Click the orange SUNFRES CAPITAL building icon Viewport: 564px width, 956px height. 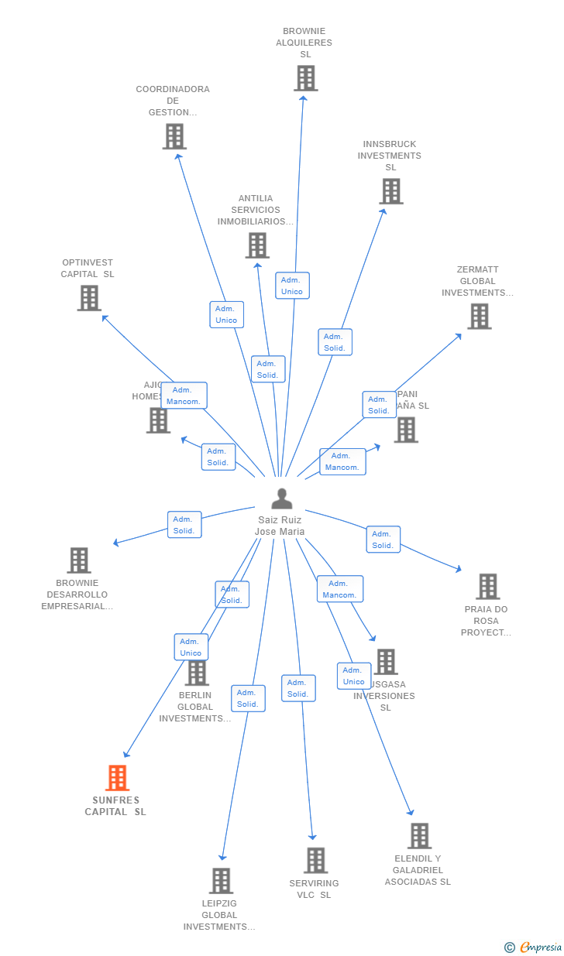point(117,778)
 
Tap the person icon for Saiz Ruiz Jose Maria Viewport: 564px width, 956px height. point(282,499)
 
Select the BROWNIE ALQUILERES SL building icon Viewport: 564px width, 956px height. point(306,78)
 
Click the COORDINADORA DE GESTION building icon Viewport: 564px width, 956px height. point(174,136)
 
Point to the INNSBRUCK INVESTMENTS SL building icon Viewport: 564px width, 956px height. point(391,191)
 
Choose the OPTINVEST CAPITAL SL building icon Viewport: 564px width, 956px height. point(89,298)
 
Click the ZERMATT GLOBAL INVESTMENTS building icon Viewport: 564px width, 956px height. point(479,316)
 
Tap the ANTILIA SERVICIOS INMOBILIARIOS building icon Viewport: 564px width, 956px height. point(257,245)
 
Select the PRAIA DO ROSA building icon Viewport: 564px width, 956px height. point(487,587)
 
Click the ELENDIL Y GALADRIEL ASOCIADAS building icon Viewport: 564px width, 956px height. point(419,836)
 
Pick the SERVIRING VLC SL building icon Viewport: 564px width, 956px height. point(315,861)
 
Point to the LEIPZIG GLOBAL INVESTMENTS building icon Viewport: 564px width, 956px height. point(221,881)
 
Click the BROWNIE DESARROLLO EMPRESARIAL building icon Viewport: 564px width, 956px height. point(78,560)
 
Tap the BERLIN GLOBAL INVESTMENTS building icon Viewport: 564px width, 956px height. point(197,673)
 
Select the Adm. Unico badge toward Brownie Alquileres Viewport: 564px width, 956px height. point(292,286)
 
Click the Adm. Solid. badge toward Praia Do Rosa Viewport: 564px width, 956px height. point(383,540)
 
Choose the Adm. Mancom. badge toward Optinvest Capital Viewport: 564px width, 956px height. point(184,396)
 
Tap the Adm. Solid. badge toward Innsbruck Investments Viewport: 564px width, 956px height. point(335,342)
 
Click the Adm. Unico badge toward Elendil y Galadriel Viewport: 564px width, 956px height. point(353,676)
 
